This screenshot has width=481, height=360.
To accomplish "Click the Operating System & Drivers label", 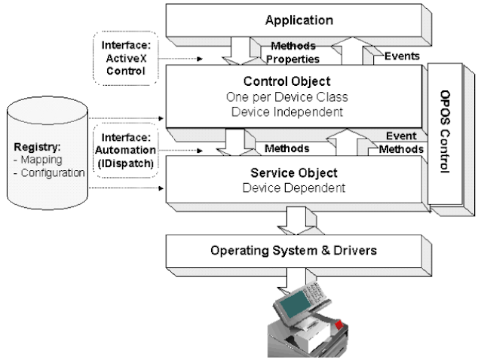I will coord(293,248).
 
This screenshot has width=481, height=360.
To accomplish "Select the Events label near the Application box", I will coord(402,55).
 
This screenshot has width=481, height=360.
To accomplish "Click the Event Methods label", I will coord(402,143).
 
